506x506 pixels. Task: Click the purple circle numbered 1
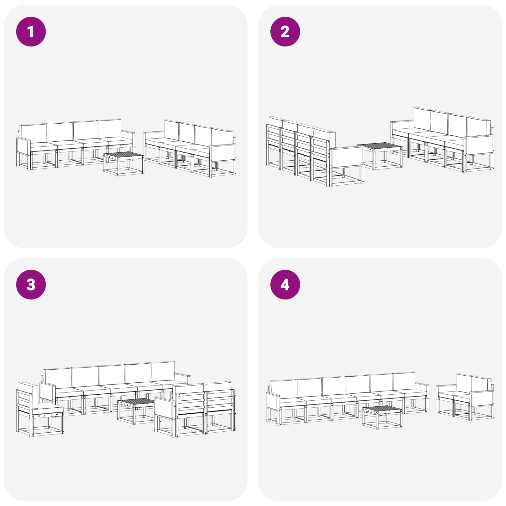[x=31, y=32]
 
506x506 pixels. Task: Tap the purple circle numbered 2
[x=285, y=32]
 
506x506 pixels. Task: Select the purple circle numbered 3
[x=31, y=285]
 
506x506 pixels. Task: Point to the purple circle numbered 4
[x=285, y=285]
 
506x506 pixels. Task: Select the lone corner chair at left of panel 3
[x=40, y=409]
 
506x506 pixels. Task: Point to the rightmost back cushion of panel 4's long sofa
[x=404, y=381]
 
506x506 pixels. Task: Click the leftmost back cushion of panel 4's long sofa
[x=283, y=389]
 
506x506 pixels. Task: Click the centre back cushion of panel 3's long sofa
[x=112, y=375]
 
